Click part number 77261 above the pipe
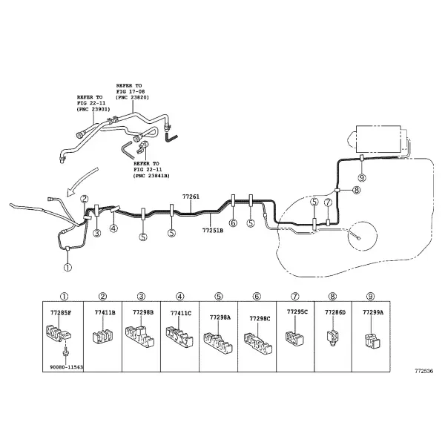pyautogui.click(x=191, y=197)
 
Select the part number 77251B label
pyautogui.click(x=213, y=230)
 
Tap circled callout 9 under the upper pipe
pyautogui.click(x=362, y=178)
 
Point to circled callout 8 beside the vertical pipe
pyautogui.click(x=357, y=190)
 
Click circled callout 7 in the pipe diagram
pyautogui.click(x=328, y=202)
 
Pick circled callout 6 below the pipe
pyautogui.click(x=233, y=223)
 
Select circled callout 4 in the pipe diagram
pyautogui.click(x=113, y=228)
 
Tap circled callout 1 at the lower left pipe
pyautogui.click(x=67, y=267)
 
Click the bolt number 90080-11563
pyautogui.click(x=67, y=367)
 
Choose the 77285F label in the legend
pyautogui.click(x=61, y=313)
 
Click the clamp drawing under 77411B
pyautogui.click(x=102, y=336)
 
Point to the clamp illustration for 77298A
pyautogui.click(x=218, y=343)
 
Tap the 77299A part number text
pyautogui.click(x=373, y=312)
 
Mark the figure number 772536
pyautogui.click(x=424, y=371)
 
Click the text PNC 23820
pyautogui.click(x=132, y=97)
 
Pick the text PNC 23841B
pyautogui.click(x=151, y=176)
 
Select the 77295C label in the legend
pyautogui.click(x=297, y=311)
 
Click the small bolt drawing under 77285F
pyautogui.click(x=65, y=353)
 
